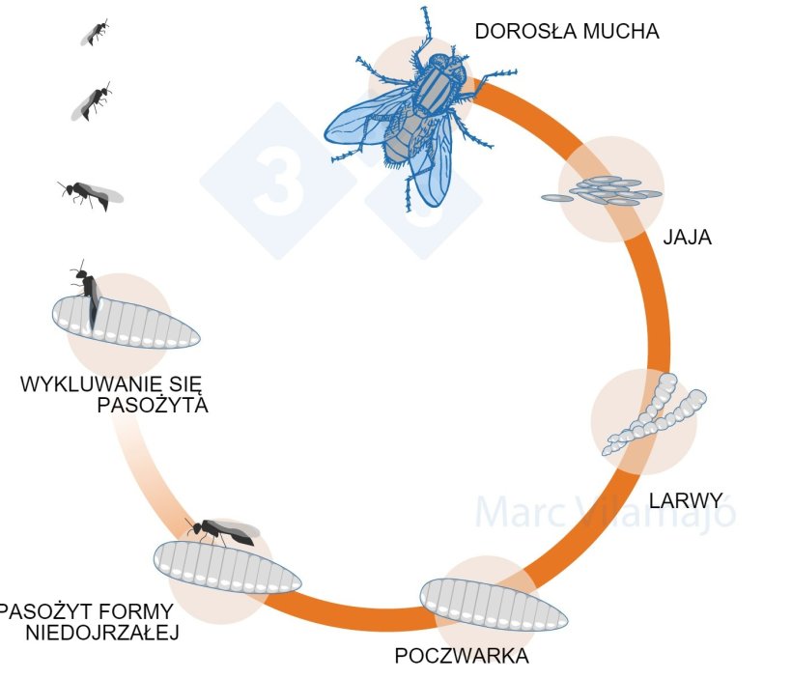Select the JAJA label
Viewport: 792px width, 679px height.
click(x=687, y=238)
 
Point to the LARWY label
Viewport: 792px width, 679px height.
click(x=686, y=500)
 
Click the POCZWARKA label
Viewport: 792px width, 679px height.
click(x=462, y=657)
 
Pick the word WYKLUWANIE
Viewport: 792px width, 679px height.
click(x=81, y=384)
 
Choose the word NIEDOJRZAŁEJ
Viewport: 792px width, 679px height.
click(x=102, y=634)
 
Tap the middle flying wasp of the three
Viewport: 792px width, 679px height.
click(x=93, y=100)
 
